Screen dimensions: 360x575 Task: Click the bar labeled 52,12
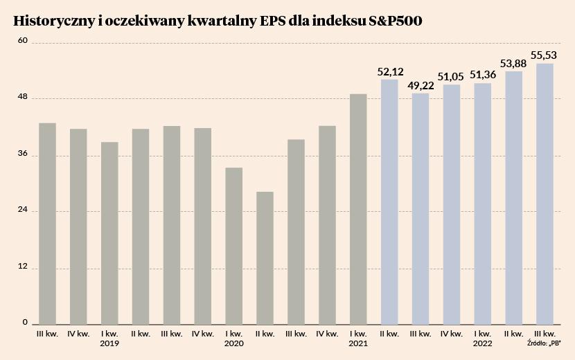tap(389, 201)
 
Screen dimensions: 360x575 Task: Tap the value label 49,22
tap(421, 86)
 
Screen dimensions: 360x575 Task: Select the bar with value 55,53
tap(545, 194)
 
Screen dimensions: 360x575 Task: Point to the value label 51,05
tap(452, 77)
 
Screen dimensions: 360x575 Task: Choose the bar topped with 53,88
tap(513, 197)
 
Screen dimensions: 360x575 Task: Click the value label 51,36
tap(483, 75)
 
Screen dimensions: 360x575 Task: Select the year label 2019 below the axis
tap(109, 343)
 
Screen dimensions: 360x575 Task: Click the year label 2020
tap(234, 343)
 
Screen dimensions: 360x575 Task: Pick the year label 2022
tap(483, 343)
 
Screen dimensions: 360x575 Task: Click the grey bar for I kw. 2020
tap(234, 246)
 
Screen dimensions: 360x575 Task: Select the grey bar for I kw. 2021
tap(358, 208)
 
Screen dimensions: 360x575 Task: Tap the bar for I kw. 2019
tap(109, 233)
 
